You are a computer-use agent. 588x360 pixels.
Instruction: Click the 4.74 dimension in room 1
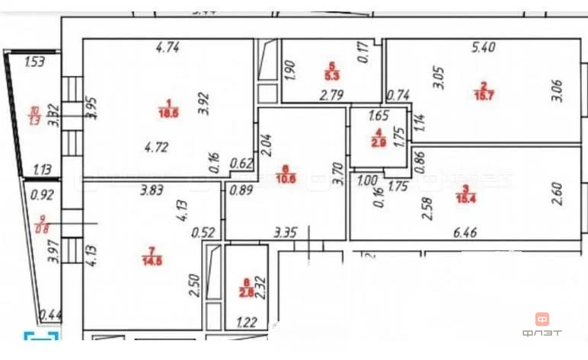167,47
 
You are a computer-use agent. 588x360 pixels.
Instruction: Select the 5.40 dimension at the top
484,47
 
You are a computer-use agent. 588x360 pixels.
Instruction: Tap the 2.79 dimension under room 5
331,96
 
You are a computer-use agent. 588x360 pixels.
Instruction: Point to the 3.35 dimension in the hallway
286,232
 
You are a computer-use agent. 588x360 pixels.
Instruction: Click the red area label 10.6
286,180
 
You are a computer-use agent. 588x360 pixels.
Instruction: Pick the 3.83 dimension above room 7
152,193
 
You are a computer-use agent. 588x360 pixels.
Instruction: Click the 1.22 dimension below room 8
247,322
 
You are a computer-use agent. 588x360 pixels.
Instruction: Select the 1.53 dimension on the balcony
35,62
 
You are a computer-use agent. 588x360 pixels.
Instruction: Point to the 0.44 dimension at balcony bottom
50,314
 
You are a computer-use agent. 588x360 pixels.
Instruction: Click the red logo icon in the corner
543,320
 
